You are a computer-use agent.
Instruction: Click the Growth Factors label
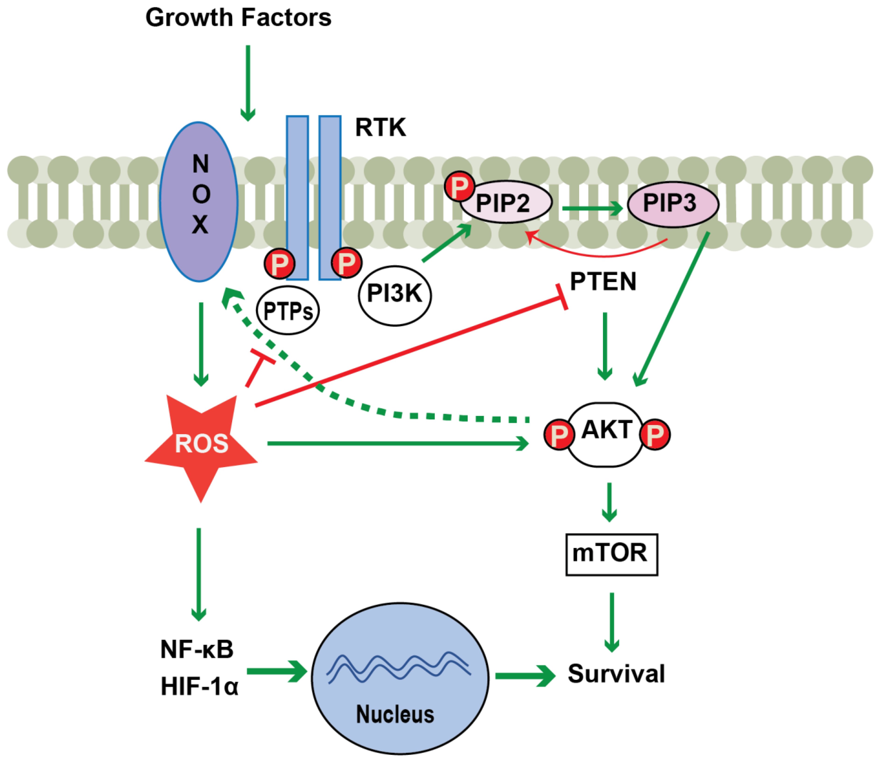pos(238,18)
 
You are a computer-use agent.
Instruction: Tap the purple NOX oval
pos(199,202)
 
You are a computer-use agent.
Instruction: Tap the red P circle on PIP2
pos(459,186)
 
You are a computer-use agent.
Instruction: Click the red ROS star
pos(201,444)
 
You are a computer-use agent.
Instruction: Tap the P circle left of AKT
pos(559,434)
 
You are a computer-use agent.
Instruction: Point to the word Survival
pos(616,674)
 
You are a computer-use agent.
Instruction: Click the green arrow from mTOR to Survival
pos(612,622)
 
